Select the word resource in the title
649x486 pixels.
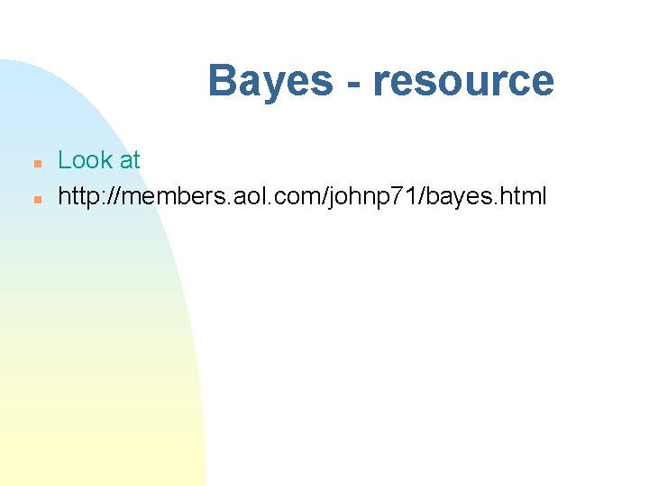(x=463, y=81)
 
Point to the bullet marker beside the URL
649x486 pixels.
(x=36, y=198)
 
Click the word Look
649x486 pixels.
(x=85, y=160)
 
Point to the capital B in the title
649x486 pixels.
(x=222, y=81)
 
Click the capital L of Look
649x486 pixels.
(x=64, y=160)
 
